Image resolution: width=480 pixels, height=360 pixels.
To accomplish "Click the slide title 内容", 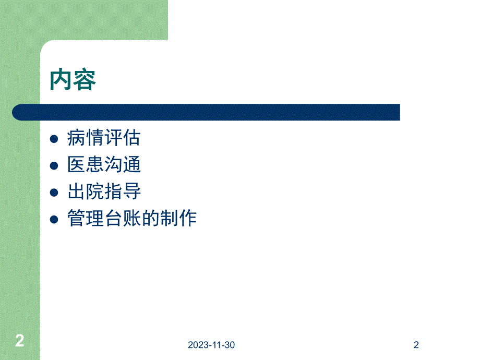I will point(73,80).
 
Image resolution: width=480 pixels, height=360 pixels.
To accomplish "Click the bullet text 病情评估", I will point(104,138).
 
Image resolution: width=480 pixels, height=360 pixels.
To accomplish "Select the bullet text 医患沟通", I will point(104,165).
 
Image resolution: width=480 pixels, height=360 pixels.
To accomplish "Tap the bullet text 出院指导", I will point(104,191).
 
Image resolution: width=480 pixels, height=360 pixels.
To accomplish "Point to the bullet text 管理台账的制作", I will point(132,218).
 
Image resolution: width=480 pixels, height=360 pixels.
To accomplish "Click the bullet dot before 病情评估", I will point(54,139).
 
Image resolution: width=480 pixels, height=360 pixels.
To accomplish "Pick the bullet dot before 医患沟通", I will point(54,166).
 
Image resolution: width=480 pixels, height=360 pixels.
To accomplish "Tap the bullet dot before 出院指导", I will point(54,193).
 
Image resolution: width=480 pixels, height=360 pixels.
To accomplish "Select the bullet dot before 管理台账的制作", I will point(54,219).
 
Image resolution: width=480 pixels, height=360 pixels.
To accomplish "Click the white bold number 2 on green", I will point(19,341).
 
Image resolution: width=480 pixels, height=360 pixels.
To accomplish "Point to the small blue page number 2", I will point(416,345).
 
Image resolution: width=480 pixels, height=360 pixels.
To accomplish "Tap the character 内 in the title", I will point(62,80).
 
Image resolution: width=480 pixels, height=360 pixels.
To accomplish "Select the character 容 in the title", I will point(85,80).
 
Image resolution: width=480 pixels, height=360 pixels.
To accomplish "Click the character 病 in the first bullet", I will point(76,138).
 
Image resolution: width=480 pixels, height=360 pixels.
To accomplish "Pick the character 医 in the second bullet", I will point(76,165).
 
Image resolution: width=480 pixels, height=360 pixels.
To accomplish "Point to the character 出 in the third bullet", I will point(76,191).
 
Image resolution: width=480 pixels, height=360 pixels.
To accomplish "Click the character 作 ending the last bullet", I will point(188,218).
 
